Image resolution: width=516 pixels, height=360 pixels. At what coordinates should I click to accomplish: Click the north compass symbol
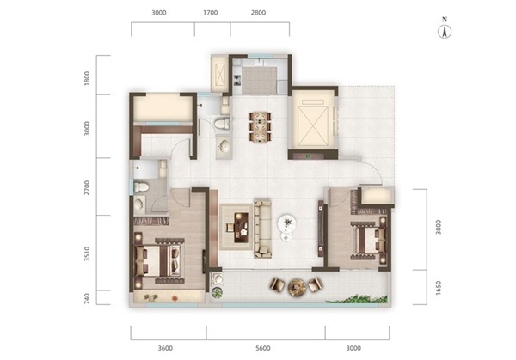pos(445,29)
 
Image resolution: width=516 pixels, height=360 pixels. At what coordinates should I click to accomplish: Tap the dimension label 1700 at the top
pos(211,13)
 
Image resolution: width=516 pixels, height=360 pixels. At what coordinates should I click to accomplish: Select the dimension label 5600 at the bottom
pos(263,348)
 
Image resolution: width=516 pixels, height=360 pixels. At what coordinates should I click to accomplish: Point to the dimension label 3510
pos(87,253)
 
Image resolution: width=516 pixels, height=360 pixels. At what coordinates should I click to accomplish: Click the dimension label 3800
pos(438,227)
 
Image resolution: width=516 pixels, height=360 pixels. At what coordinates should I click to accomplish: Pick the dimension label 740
pos(87,298)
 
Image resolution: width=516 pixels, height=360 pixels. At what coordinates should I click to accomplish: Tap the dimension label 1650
pos(438,288)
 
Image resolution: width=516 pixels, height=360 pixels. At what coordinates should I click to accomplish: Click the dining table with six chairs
pos(260,127)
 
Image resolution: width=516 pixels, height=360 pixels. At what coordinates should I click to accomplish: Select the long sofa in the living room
pos(263,229)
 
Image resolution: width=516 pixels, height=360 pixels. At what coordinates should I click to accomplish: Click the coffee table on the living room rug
pos(241,228)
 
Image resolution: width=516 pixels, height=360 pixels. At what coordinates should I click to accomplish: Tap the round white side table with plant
pos(287,224)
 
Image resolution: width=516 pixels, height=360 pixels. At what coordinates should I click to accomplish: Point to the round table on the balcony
pos(297,287)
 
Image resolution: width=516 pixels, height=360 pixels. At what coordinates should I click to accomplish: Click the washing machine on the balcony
pos(217,279)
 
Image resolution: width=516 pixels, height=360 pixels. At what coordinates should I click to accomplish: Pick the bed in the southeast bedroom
pos(370,241)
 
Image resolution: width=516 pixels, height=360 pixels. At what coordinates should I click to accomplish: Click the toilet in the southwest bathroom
pos(141,187)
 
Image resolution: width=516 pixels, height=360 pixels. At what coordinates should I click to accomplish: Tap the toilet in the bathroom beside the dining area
pos(222,124)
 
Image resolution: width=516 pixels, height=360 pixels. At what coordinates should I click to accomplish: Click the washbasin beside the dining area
pos(224,146)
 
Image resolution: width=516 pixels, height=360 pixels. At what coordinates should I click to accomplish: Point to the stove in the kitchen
pos(237,80)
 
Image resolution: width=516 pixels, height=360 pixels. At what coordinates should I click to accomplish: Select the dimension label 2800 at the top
pos(258,13)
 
